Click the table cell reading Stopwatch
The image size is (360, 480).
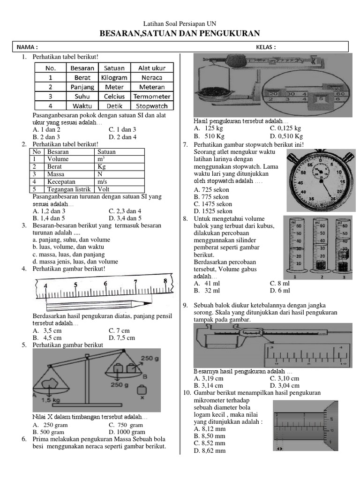point(151,106)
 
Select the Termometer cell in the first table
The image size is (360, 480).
point(151,97)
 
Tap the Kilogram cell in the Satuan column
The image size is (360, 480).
point(114,77)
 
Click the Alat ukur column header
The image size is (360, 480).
point(151,68)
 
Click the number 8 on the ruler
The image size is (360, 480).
point(165,281)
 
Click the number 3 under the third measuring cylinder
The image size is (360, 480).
point(344,276)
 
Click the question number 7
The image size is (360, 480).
point(185,145)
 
